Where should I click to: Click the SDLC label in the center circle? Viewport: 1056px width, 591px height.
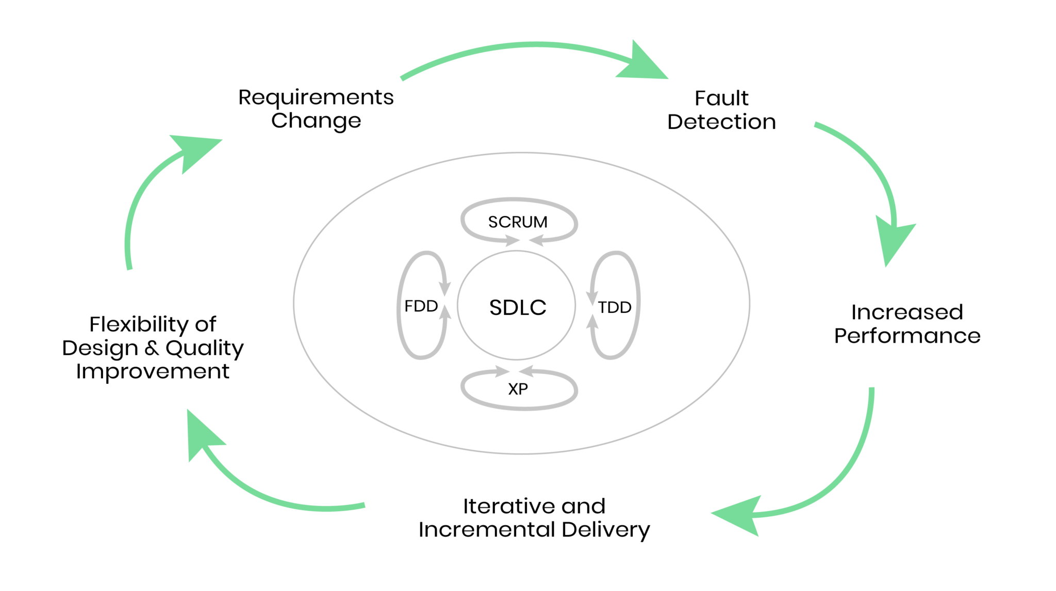click(x=517, y=308)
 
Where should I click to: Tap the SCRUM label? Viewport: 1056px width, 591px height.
click(x=518, y=222)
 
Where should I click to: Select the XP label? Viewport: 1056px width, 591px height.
click(x=518, y=389)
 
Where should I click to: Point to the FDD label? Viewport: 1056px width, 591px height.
click(x=421, y=307)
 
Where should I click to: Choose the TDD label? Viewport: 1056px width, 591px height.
click(x=615, y=308)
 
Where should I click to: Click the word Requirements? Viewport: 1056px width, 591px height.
click(x=316, y=97)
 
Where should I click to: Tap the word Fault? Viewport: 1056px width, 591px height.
click(x=721, y=98)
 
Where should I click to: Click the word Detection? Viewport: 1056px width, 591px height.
click(x=721, y=122)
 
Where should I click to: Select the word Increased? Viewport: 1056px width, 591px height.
click(x=906, y=312)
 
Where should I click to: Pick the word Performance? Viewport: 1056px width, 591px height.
click(x=907, y=336)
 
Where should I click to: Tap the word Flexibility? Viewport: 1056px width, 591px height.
click(x=138, y=325)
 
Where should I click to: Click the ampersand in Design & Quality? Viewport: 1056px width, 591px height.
click(x=152, y=348)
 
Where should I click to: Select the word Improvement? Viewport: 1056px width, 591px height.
click(x=153, y=372)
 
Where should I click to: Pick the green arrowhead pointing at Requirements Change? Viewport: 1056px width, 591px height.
click(x=194, y=149)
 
